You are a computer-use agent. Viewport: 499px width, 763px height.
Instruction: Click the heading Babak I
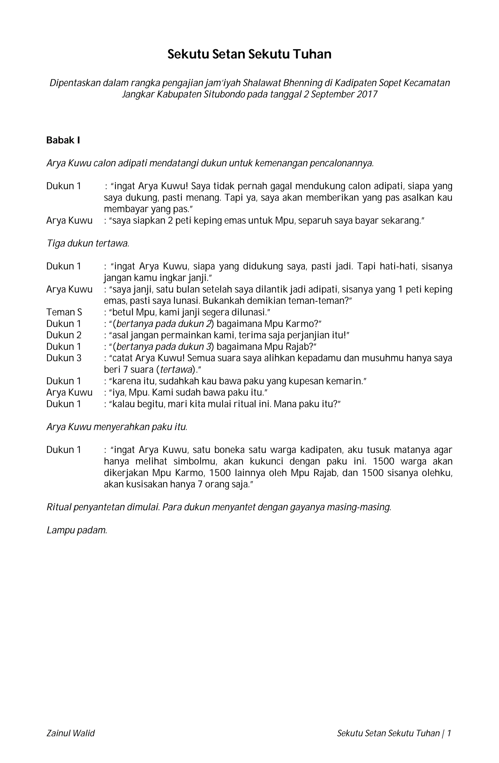click(x=63, y=140)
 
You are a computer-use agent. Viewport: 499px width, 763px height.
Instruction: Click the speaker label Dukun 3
click(x=64, y=358)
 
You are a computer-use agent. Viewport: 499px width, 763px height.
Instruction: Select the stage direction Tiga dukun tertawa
click(x=88, y=243)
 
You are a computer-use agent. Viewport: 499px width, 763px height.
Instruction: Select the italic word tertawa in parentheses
click(x=175, y=370)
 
